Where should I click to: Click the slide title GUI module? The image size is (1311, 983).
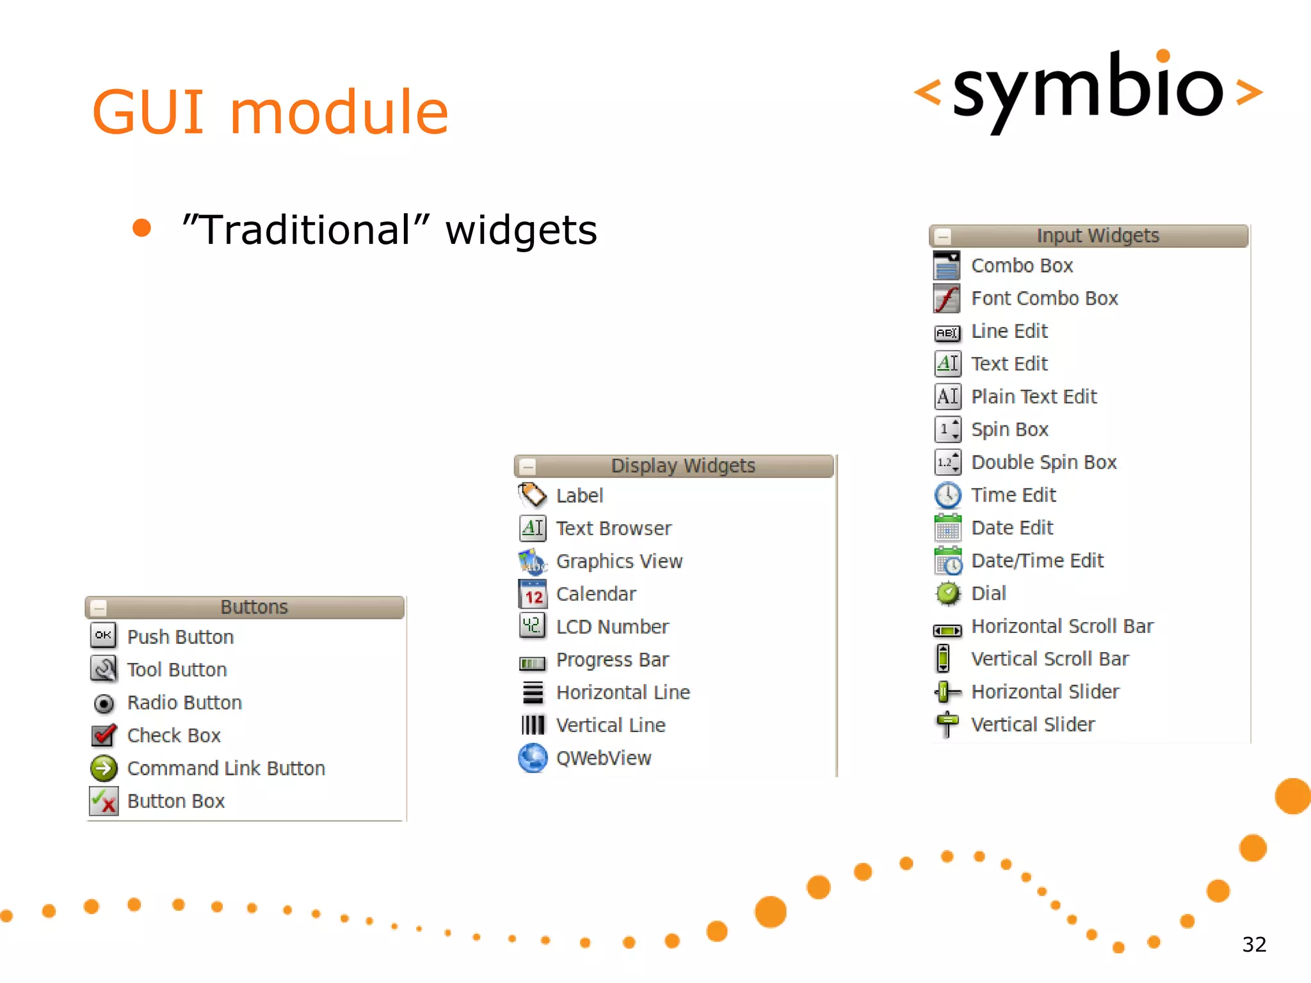click(269, 113)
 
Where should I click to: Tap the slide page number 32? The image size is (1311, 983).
click(1254, 945)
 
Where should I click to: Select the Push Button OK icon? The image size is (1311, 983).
click(103, 635)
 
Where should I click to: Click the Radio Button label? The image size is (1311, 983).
click(184, 703)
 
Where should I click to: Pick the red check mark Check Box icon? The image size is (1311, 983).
click(104, 735)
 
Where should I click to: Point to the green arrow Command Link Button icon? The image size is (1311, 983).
click(104, 768)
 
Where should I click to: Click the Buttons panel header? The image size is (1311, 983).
click(254, 607)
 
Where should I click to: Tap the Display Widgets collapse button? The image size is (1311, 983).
click(528, 466)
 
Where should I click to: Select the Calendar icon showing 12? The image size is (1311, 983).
click(533, 594)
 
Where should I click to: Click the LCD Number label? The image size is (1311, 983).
click(612, 627)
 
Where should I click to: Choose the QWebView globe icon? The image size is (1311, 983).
click(533, 758)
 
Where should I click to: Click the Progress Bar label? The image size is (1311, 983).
click(612, 660)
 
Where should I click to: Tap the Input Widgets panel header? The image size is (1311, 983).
click(1097, 236)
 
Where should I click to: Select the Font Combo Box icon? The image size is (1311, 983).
click(947, 298)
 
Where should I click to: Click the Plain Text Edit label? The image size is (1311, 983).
click(1034, 397)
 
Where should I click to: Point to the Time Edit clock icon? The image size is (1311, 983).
click(947, 495)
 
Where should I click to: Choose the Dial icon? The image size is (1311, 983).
click(947, 594)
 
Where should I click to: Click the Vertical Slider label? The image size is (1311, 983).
click(1033, 724)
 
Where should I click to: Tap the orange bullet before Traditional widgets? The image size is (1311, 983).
click(141, 228)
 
